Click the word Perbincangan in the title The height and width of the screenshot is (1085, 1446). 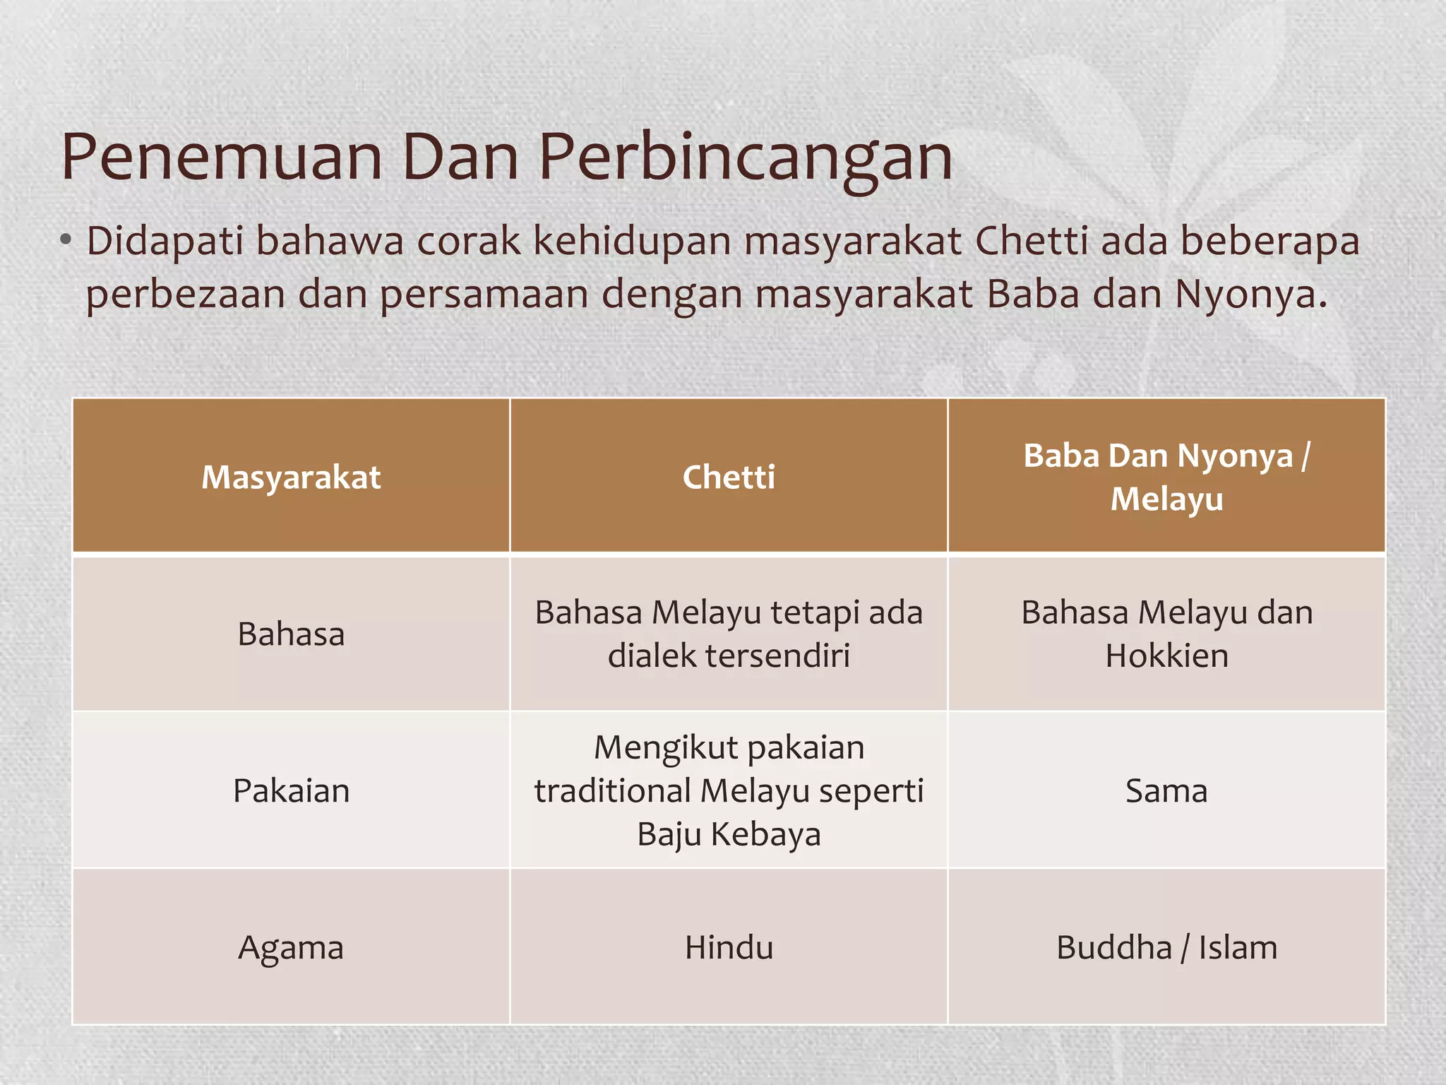click(746, 159)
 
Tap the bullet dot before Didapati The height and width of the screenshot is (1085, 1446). click(66, 241)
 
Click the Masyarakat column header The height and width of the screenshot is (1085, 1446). click(291, 478)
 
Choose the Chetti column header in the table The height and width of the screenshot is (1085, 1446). click(729, 478)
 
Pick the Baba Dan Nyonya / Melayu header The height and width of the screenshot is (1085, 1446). click(1166, 478)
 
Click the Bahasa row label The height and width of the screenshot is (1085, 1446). click(291, 634)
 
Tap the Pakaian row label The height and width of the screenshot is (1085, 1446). click(291, 791)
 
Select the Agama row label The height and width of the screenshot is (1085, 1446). click(291, 948)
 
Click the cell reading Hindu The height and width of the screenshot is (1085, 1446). click(729, 948)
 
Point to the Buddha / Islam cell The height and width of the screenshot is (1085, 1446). click(1166, 948)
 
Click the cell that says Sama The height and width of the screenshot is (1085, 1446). click(1166, 791)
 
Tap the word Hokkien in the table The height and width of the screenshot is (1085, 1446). click(1166, 656)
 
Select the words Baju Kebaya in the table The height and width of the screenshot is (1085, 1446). click(729, 835)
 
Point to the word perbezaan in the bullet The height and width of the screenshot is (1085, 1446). click(185, 295)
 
